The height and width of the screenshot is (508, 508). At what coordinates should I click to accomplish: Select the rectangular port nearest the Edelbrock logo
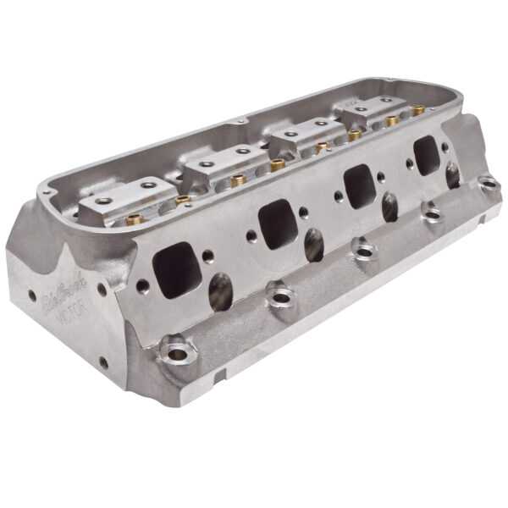click(x=179, y=270)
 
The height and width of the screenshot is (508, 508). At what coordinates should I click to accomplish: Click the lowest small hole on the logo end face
click(x=103, y=363)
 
